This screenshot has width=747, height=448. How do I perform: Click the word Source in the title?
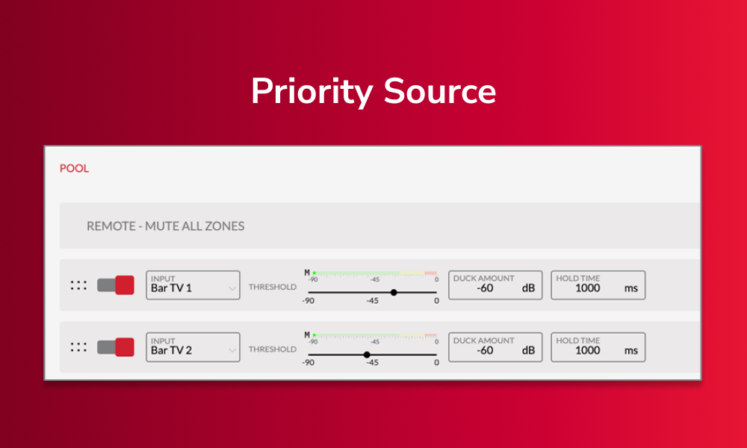click(x=440, y=91)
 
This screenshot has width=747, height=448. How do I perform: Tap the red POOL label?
click(x=74, y=168)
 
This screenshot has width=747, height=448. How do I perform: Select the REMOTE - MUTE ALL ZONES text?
click(x=165, y=226)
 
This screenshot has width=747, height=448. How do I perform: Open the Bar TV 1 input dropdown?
click(x=193, y=285)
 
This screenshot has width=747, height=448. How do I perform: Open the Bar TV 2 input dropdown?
click(x=193, y=347)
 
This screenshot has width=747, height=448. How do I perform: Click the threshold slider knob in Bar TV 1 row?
click(x=394, y=292)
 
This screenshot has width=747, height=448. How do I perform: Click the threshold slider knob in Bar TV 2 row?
click(x=367, y=355)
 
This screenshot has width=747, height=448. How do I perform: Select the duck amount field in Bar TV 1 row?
click(x=495, y=285)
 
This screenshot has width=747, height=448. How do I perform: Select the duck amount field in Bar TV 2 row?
click(x=495, y=347)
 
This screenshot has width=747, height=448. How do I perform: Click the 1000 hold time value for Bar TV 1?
click(x=587, y=288)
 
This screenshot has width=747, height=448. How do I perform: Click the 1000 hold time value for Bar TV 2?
click(x=587, y=350)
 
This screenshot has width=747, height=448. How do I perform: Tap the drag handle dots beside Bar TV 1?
click(x=78, y=285)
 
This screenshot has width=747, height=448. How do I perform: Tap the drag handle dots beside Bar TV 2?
click(x=78, y=347)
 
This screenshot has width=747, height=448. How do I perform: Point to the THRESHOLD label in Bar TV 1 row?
click(x=273, y=287)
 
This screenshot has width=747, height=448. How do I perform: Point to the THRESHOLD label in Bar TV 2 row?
click(x=273, y=349)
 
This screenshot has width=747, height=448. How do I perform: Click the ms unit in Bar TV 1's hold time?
click(x=631, y=288)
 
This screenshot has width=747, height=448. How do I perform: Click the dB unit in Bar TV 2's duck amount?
click(x=528, y=350)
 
